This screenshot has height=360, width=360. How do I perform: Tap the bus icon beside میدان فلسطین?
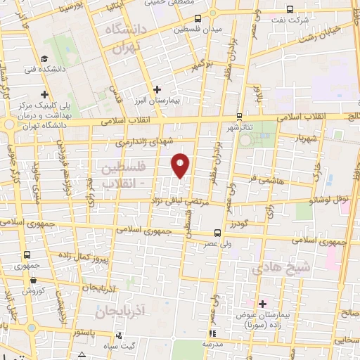(198, 19)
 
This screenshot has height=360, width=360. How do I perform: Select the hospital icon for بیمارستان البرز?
(157, 90)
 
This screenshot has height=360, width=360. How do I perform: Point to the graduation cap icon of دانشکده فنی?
(44, 59)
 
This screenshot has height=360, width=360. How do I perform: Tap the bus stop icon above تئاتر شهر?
(239, 117)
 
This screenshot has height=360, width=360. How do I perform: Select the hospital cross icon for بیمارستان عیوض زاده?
(263, 304)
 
